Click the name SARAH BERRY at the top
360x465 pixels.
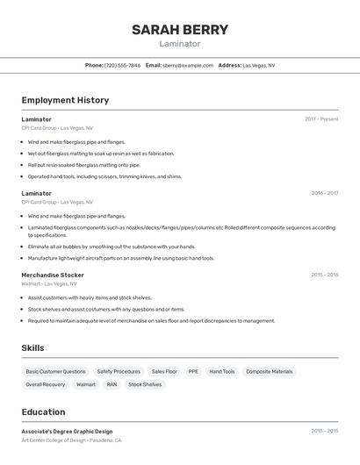click(180, 30)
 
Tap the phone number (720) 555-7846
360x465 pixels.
click(122, 65)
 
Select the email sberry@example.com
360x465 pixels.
click(188, 65)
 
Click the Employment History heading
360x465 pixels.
click(65, 100)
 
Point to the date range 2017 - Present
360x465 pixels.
click(321, 119)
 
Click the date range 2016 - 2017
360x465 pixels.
click(324, 193)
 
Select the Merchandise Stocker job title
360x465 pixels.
click(53, 275)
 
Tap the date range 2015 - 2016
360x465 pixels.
click(324, 275)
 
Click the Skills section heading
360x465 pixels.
click(32, 348)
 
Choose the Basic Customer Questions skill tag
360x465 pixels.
click(56, 371)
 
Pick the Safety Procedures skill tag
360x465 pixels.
click(119, 371)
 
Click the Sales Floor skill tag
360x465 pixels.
click(164, 371)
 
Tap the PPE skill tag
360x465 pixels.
click(193, 371)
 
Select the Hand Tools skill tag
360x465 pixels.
click(222, 371)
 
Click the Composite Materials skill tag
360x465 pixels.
click(270, 371)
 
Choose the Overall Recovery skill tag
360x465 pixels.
click(46, 384)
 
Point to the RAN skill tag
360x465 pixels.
click(112, 384)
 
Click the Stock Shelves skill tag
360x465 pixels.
click(145, 384)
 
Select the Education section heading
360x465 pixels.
click(43, 412)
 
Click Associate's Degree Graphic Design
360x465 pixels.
click(67, 432)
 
